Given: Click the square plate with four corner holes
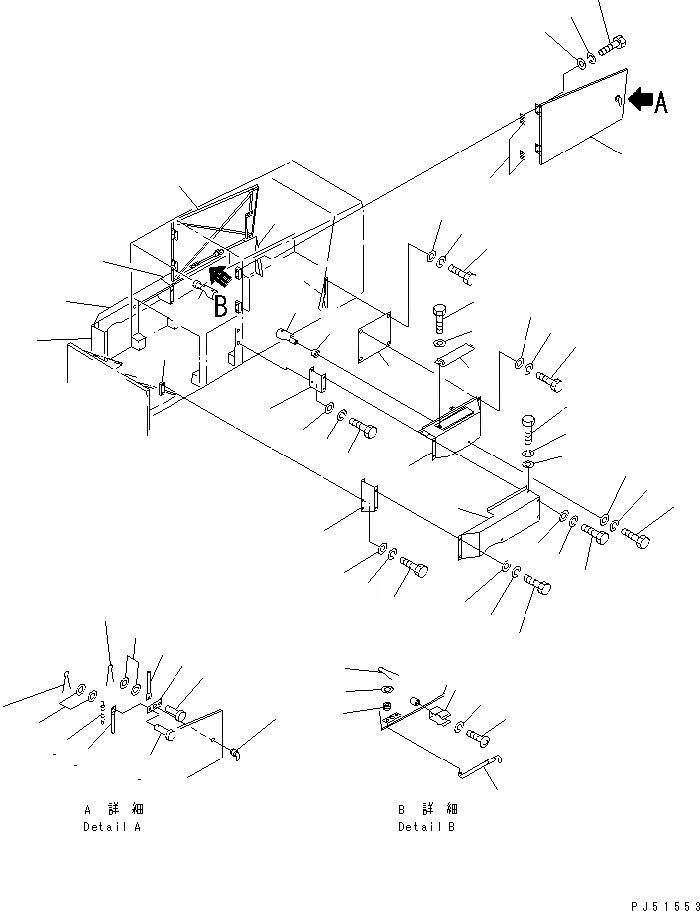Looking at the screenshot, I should point(375,338).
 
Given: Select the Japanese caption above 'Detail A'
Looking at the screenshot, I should point(116,809).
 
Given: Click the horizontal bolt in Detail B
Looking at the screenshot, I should point(477,737).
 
